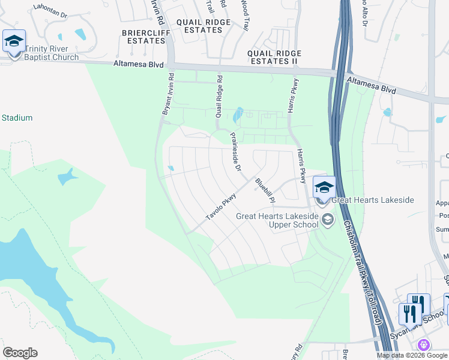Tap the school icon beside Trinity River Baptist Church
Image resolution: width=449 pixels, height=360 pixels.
click(14, 42)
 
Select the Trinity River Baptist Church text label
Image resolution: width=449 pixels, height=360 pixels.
click(52, 53)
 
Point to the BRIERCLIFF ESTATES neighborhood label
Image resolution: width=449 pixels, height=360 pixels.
click(143, 37)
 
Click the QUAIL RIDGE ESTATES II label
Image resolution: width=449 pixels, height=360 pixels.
click(274, 58)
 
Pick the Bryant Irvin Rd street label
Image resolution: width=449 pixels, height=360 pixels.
click(167, 94)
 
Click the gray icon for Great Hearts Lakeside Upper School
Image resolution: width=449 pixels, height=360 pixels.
click(327, 220)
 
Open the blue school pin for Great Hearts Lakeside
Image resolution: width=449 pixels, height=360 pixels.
click(324, 188)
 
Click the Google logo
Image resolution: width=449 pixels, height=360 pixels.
click(20, 353)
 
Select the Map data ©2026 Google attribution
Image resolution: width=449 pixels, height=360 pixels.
click(412, 355)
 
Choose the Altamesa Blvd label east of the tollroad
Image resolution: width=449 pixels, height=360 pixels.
click(372, 83)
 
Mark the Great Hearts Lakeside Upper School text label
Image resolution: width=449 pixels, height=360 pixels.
click(277, 220)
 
